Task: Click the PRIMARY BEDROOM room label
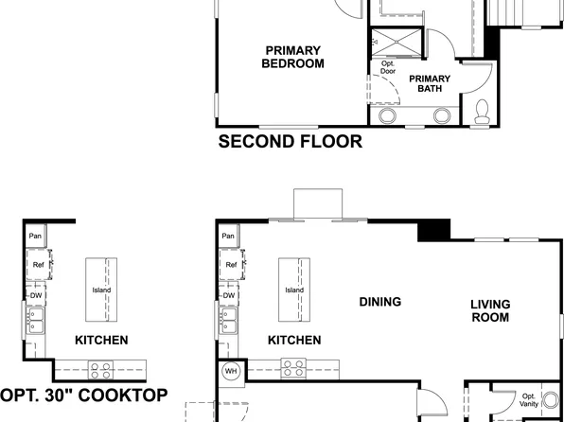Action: point(292,57)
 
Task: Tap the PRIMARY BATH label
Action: point(429,83)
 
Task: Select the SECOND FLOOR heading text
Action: point(290,143)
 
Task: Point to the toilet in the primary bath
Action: point(483,113)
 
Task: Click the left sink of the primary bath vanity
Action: point(388,116)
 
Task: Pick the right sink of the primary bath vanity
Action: point(442,116)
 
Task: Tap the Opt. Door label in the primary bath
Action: point(387,67)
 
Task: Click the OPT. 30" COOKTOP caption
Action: point(84,396)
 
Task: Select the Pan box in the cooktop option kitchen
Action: point(35,236)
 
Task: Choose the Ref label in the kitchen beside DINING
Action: point(230,265)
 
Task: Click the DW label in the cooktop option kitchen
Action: point(35,295)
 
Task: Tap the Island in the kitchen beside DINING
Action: point(294,290)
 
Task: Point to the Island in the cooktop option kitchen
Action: point(101,290)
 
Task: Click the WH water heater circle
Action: point(230,372)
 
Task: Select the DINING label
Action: point(380,302)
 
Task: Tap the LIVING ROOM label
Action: point(491,310)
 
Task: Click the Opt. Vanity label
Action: point(529,400)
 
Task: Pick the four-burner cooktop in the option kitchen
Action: point(100,368)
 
